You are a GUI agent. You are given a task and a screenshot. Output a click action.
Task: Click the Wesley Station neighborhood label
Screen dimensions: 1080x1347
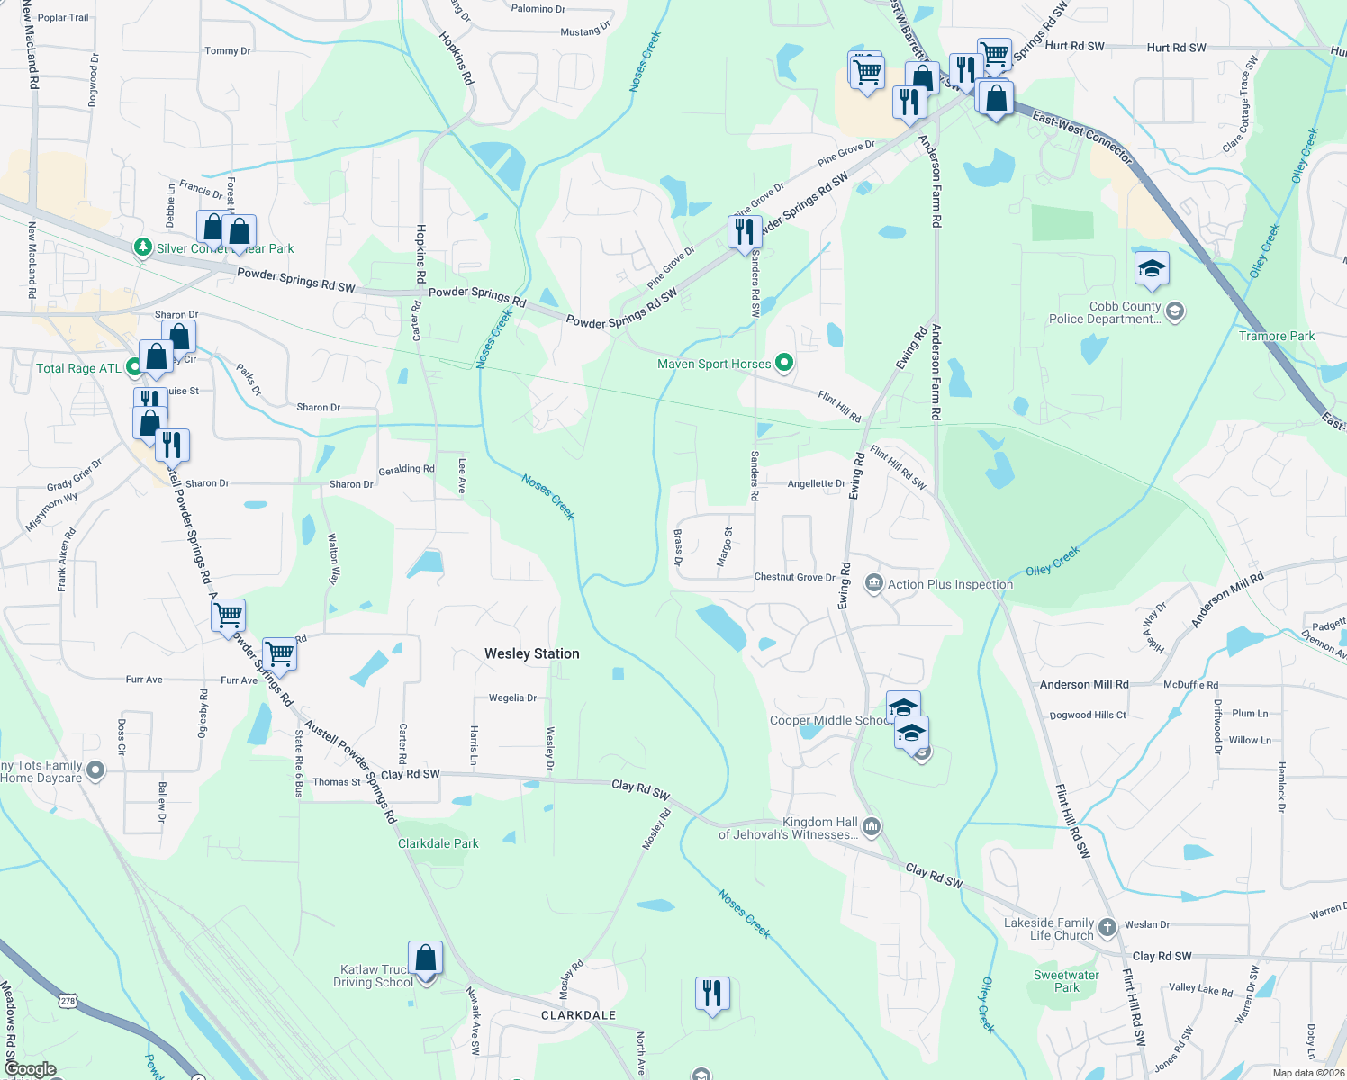(532, 654)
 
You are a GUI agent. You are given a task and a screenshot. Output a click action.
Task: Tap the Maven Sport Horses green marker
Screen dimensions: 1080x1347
(784, 364)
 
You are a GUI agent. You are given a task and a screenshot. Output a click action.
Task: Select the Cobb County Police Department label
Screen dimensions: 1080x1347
(1105, 312)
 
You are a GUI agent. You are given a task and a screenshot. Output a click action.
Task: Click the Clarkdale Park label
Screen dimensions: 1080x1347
(438, 843)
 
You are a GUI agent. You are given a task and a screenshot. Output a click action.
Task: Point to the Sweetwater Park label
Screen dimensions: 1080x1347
(1066, 981)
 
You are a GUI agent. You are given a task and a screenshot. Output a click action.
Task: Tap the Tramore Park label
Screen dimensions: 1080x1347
(1277, 336)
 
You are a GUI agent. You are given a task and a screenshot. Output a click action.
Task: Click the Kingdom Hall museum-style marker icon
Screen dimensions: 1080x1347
(872, 827)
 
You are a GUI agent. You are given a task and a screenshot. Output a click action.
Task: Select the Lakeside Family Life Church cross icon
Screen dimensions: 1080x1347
(1107, 927)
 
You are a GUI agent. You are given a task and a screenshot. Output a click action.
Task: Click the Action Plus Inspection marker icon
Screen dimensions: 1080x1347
(873, 584)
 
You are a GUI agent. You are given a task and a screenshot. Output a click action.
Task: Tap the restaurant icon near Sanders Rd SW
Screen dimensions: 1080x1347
(744, 232)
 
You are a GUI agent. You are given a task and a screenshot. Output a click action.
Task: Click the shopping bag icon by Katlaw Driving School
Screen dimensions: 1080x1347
(425, 958)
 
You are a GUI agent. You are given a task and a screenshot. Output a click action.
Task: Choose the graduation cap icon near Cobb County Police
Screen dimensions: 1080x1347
(1152, 269)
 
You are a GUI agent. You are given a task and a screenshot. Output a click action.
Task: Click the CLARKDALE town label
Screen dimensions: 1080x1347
(578, 1015)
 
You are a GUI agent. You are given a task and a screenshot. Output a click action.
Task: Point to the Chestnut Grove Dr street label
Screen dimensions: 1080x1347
(794, 577)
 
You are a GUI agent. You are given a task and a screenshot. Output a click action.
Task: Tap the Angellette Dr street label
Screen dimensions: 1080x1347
(817, 483)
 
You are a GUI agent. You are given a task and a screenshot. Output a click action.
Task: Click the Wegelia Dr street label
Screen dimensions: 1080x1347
(512, 697)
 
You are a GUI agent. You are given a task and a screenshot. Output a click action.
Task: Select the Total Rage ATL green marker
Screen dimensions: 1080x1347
(134, 366)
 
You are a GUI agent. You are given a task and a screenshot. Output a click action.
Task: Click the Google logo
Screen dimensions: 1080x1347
(30, 1069)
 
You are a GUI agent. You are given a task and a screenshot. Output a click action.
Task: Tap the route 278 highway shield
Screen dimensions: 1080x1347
(68, 1000)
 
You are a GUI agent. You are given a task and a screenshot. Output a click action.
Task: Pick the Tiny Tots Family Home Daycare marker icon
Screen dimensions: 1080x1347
(96, 770)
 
